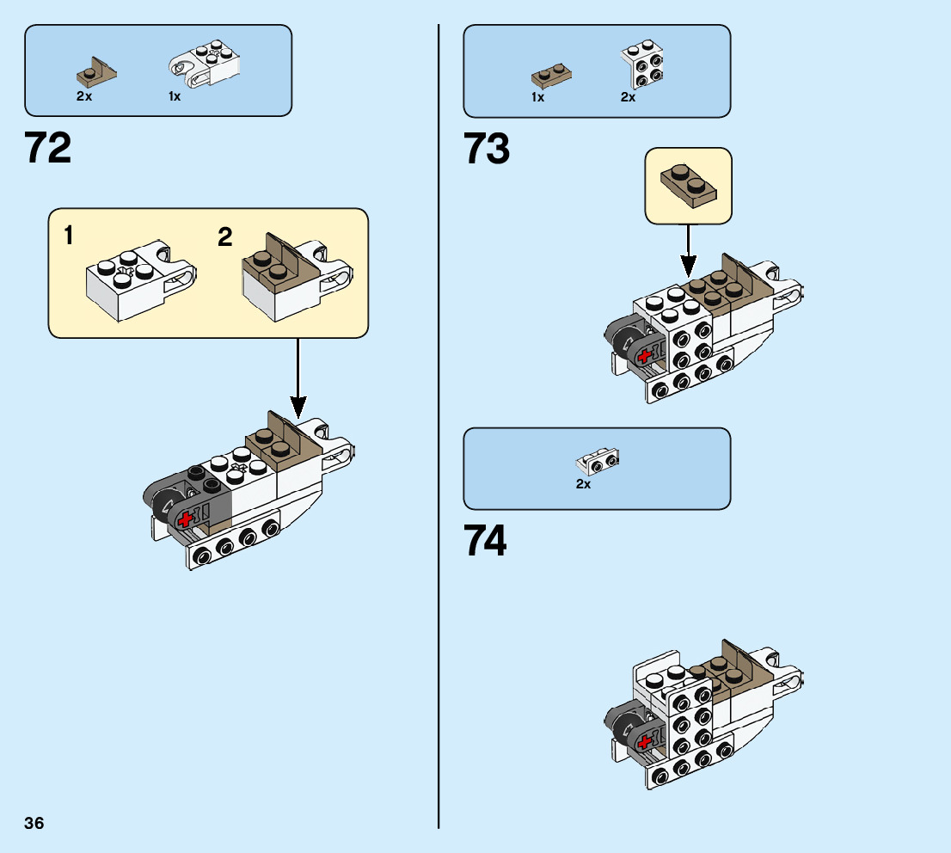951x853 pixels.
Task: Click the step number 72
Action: pos(48,148)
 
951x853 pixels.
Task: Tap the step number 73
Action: pos(487,148)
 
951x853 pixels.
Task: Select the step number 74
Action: pos(485,541)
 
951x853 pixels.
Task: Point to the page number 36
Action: pos(34,823)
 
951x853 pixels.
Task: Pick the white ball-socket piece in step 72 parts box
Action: pos(204,65)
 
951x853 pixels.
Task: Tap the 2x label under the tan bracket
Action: pos(83,96)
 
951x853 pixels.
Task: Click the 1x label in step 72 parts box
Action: pos(175,96)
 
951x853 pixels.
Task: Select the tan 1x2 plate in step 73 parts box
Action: pos(549,76)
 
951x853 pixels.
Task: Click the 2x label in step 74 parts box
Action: pos(583,484)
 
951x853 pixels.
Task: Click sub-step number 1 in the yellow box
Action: pos(68,236)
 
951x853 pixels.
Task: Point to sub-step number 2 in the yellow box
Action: pos(224,236)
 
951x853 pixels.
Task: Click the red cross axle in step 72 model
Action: pos(185,519)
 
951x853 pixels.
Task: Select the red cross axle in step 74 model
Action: pos(644,740)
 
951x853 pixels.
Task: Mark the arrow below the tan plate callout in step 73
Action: pos(687,249)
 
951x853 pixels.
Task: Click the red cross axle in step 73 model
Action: pos(644,355)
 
